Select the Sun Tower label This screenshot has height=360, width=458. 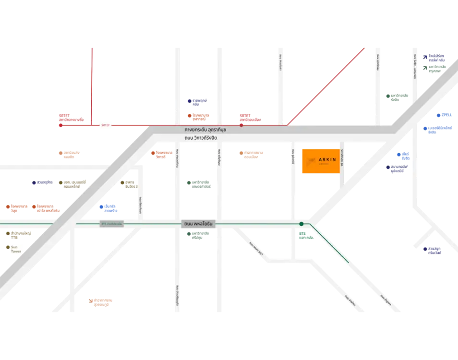[16, 249]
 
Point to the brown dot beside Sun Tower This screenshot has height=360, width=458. [8, 247]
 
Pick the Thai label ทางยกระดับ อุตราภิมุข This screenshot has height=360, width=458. [205, 130]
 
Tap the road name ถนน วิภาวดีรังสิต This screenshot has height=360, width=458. [201, 138]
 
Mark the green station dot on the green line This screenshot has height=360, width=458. [301, 224]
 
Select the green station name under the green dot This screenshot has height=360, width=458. [305, 236]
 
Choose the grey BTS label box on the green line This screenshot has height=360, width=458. [111, 224]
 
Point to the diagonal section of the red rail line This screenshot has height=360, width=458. [326, 86]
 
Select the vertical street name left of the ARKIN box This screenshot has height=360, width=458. [293, 157]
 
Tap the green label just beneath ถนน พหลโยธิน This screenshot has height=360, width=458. [198, 235]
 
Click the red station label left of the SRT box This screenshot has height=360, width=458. [71, 117]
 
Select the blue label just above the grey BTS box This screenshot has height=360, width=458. [108, 207]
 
